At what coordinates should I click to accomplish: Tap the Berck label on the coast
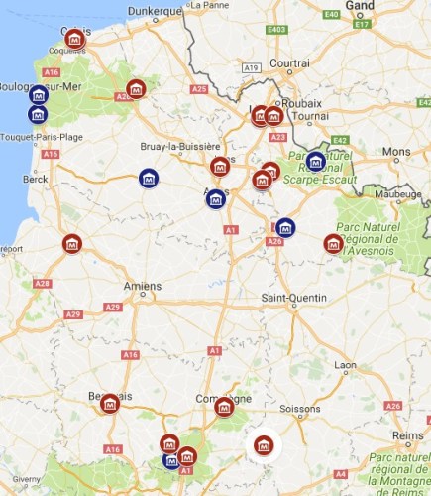[x=36, y=179]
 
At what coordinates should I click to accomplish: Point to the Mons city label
[x=396, y=152]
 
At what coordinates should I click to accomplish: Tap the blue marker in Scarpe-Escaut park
[x=315, y=161]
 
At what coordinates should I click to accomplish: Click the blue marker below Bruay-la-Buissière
[x=149, y=179]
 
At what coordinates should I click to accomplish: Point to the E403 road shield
[x=276, y=30]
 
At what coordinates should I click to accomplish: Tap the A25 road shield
[x=199, y=89]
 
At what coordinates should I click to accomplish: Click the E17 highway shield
[x=362, y=23]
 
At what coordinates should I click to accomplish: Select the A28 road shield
[x=42, y=284]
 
